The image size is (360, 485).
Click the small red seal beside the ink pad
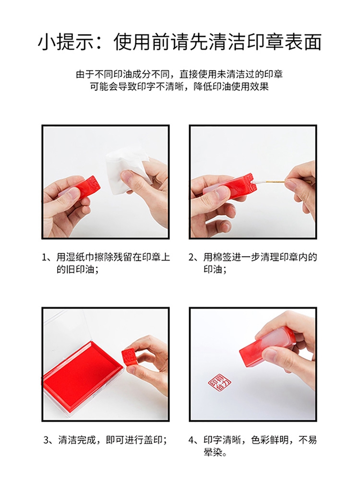click(x=129, y=358)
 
